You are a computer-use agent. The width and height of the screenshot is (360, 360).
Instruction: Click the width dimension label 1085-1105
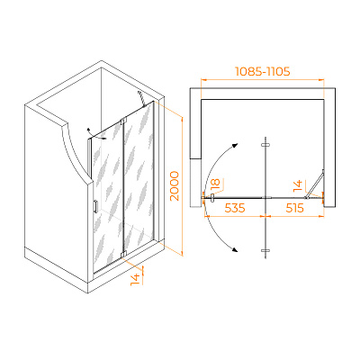[262, 71]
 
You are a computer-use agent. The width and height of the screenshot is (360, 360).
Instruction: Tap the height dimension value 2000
[175, 186]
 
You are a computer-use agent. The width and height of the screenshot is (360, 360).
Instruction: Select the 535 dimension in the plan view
[235, 208]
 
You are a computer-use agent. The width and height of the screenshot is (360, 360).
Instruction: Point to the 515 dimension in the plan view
[294, 208]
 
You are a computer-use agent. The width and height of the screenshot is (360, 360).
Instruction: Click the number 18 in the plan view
[215, 184]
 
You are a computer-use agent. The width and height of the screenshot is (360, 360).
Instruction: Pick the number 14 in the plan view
[298, 186]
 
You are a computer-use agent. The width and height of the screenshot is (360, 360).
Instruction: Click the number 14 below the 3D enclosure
[136, 279]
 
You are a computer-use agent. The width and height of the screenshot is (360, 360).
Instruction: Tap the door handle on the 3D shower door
[95, 206]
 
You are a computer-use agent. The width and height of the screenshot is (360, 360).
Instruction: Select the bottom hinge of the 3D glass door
[123, 254]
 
